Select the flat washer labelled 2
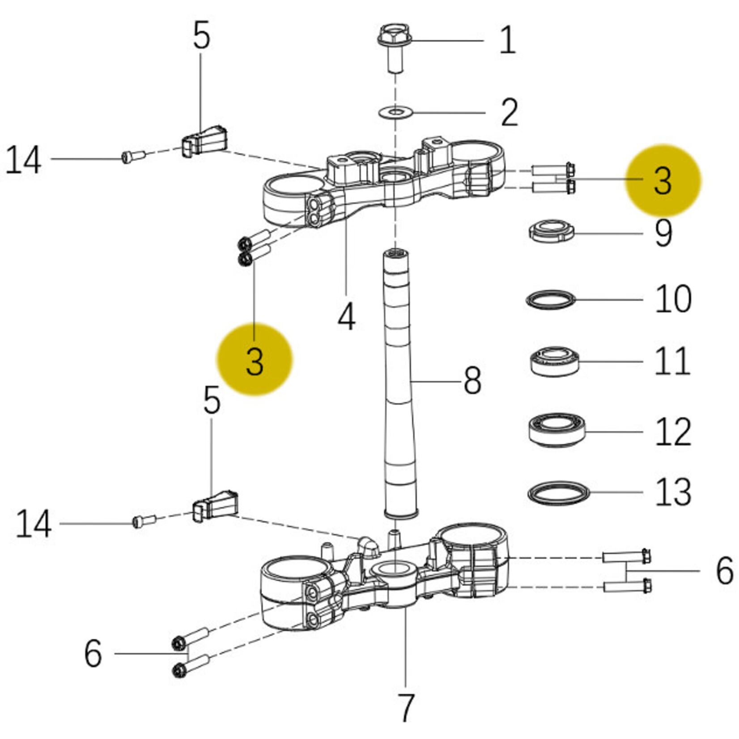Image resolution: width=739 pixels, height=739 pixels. [395, 111]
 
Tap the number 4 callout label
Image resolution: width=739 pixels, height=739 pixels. [347, 317]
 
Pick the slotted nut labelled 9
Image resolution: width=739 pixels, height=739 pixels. [551, 231]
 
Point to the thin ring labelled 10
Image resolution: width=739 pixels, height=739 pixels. [550, 300]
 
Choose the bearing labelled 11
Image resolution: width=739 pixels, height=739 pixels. [554, 361]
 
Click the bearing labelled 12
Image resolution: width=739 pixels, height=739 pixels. [556, 430]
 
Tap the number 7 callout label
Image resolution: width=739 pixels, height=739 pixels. [405, 707]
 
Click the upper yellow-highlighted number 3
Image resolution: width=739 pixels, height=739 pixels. [663, 180]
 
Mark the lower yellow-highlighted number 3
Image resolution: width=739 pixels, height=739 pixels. [255, 361]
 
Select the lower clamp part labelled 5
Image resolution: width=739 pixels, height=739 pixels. [216, 505]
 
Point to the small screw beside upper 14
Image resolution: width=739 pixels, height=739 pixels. [133, 157]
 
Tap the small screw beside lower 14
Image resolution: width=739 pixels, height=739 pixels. [144, 521]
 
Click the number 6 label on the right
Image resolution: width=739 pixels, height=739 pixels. [724, 571]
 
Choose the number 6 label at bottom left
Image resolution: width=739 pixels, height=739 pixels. [93, 654]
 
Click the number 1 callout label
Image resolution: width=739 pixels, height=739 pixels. [507, 40]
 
